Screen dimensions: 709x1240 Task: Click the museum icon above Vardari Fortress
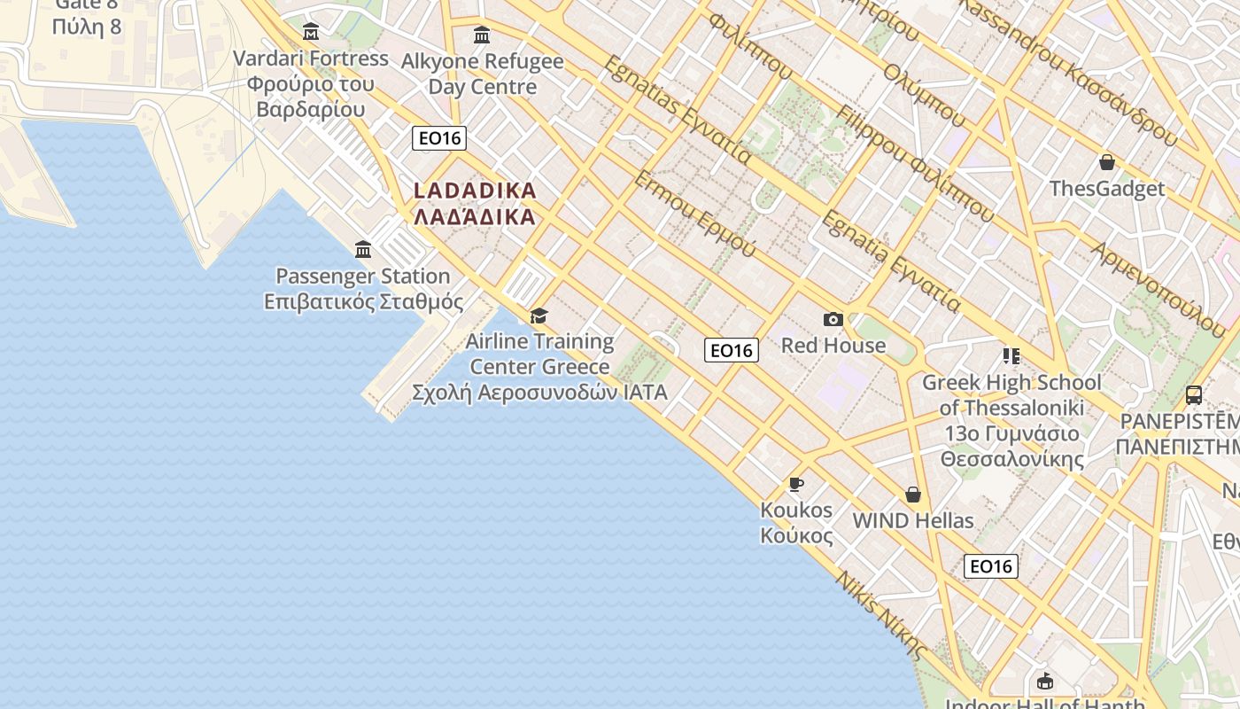[x=311, y=32]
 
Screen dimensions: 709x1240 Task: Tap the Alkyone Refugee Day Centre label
[x=482, y=74]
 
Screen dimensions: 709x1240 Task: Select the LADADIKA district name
[x=475, y=203]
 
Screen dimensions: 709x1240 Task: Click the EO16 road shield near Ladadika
[x=438, y=138]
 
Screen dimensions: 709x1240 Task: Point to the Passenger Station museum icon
[x=363, y=249]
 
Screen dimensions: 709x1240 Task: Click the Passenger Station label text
[x=363, y=289]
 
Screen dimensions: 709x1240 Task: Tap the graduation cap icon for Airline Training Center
[x=539, y=316]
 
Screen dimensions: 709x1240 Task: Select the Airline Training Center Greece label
[x=539, y=366]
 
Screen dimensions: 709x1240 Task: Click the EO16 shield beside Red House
[x=732, y=350]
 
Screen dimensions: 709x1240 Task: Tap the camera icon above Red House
[x=833, y=319]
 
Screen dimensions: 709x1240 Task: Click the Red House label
[x=833, y=346]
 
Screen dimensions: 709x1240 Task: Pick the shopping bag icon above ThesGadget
[x=1106, y=162]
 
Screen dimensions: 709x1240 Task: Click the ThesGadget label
[x=1106, y=189]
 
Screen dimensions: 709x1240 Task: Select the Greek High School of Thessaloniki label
[x=1011, y=420]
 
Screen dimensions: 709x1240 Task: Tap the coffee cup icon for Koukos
[x=795, y=484]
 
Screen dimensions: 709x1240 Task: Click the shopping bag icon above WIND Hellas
[x=912, y=495]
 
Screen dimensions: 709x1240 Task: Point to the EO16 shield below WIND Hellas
[x=990, y=565]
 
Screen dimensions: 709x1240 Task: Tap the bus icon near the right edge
[x=1193, y=394]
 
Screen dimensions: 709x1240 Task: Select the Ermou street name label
[x=694, y=214]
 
